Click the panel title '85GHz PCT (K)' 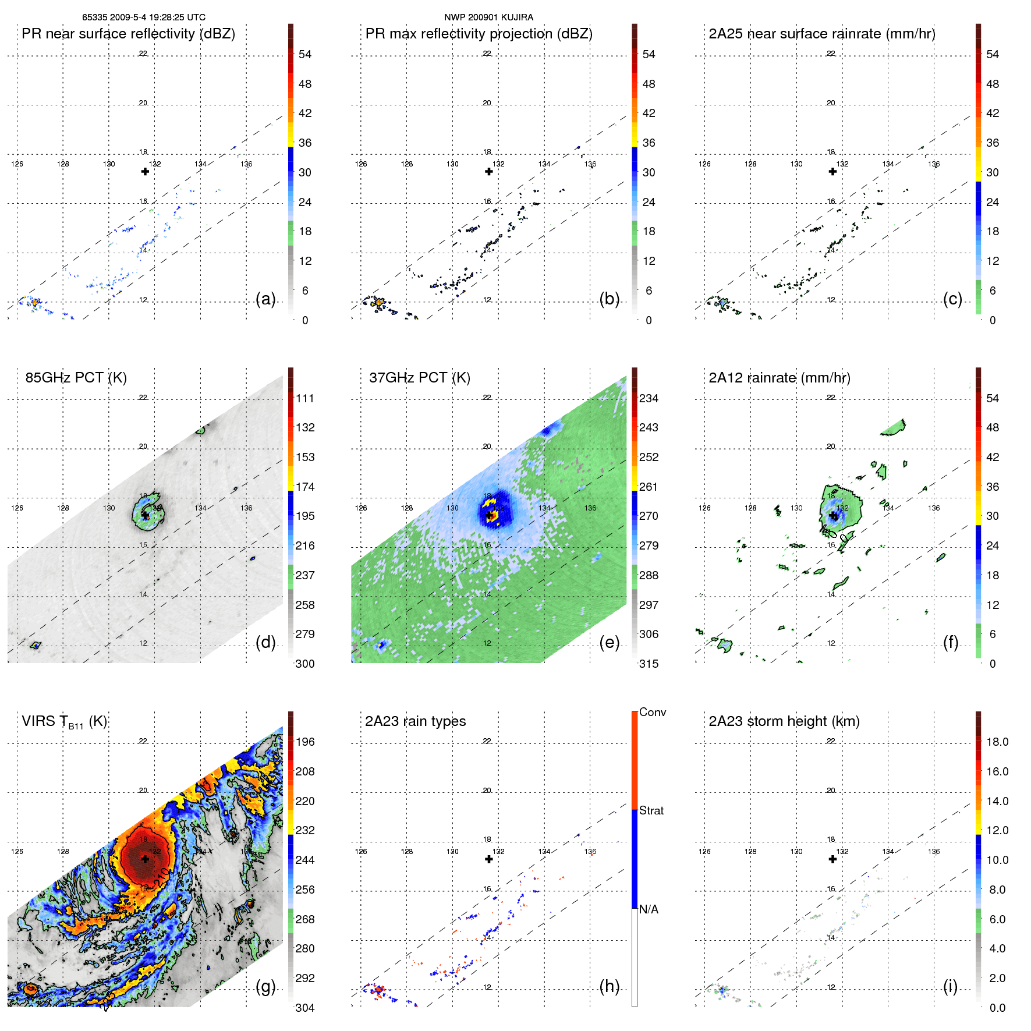point(76,378)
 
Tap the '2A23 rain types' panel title point(415,721)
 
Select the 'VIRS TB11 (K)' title point(64,722)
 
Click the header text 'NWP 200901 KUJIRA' point(488,17)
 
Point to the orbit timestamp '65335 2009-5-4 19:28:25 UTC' point(143,17)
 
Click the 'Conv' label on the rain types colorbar point(652,712)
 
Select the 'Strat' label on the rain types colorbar point(651,810)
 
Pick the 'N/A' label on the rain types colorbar point(648,909)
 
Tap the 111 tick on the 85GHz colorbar point(305,398)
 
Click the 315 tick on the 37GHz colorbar point(649,664)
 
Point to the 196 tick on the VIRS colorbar point(305,742)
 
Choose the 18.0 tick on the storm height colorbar point(997,742)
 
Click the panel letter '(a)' point(265,299)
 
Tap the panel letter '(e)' point(609,642)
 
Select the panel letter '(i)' point(950,986)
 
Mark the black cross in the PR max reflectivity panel point(489,171)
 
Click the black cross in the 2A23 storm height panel point(832,859)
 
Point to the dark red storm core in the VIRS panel point(144,859)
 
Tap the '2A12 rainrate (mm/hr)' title point(779,378)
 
